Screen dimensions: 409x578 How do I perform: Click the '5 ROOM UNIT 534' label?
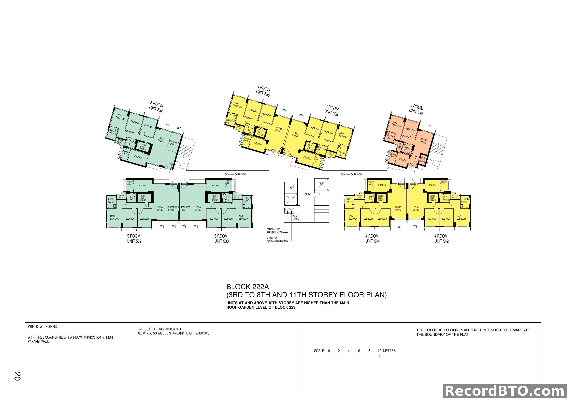coord(156,107)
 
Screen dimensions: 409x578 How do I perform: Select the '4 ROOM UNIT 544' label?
coord(372,239)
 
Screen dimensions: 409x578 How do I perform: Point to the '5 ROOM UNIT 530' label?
coord(221,239)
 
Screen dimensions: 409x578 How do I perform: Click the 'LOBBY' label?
coord(307,194)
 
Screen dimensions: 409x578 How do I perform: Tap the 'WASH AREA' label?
coord(296,218)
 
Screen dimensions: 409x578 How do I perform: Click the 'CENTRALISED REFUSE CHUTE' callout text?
coord(274,231)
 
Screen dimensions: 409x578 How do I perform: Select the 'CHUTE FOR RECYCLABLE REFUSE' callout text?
coord(277,239)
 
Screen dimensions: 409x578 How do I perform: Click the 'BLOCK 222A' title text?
coord(247,287)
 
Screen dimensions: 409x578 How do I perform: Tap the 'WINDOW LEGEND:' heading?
coord(43,327)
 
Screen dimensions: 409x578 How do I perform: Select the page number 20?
coord(17,376)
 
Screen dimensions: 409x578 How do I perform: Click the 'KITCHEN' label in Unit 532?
coord(143,186)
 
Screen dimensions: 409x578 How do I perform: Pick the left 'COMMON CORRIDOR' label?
coord(235,175)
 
